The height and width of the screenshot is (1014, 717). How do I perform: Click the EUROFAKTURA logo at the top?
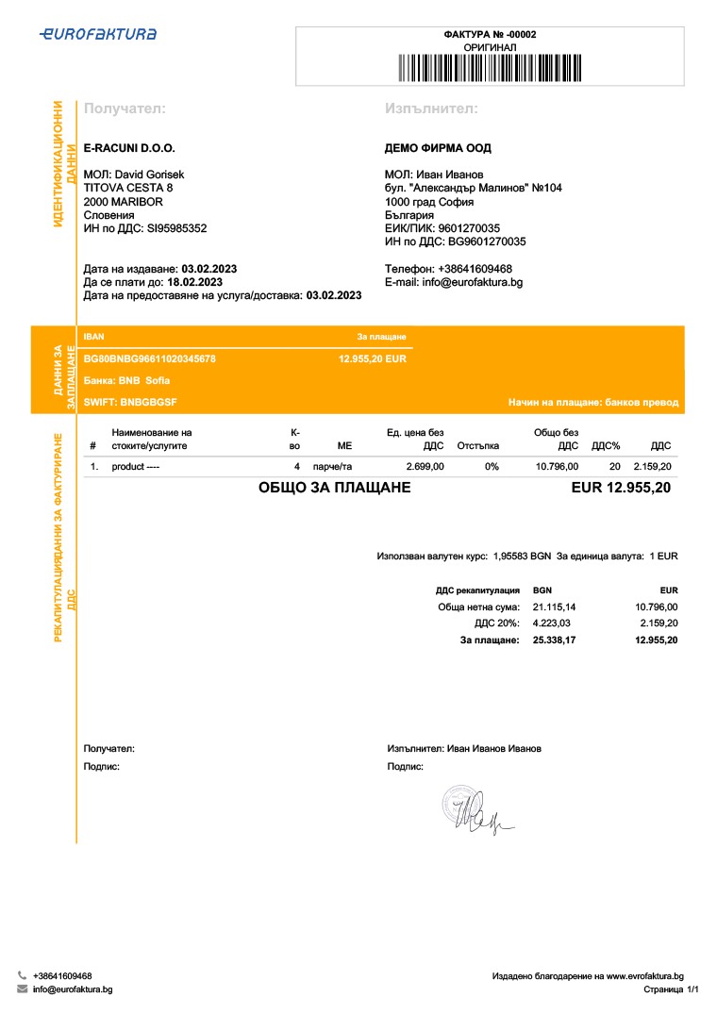point(98,34)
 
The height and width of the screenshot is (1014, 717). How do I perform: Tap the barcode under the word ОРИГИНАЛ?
point(490,69)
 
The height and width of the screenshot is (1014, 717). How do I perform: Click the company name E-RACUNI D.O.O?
point(129,148)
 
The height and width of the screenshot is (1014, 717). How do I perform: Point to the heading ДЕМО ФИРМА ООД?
point(438,148)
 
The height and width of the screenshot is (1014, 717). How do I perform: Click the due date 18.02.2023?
point(194,282)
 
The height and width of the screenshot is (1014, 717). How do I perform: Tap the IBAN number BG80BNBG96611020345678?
point(150,359)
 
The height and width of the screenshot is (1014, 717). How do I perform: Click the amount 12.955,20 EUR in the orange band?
point(372,359)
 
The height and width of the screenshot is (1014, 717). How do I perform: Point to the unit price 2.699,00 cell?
point(425,467)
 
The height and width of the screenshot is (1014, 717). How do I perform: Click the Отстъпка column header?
point(477,445)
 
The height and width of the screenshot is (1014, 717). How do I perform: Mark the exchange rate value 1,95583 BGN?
point(522,557)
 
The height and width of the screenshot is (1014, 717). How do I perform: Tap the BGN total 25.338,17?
point(554,640)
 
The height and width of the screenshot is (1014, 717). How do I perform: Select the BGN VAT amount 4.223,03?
point(552,623)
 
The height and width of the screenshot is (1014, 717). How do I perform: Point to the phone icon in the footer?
point(22,975)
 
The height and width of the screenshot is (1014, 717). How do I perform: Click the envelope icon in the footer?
point(22,989)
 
